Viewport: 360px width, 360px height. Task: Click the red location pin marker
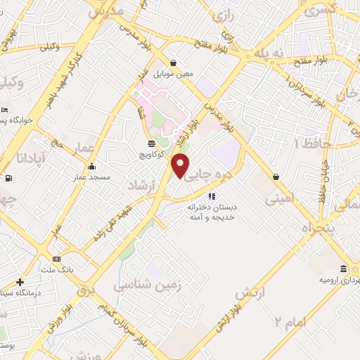(181, 165)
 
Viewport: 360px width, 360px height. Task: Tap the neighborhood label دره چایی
(209, 171)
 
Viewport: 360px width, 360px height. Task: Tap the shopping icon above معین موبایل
(173, 63)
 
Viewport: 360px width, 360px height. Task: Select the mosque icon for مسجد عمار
(91, 167)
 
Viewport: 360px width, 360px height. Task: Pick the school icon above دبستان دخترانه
(212, 196)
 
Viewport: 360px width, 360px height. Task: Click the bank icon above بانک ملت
(56, 259)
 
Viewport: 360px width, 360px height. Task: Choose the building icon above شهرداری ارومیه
(343, 269)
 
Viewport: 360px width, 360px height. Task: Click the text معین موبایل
(172, 75)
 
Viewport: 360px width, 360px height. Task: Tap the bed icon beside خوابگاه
(5, 111)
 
